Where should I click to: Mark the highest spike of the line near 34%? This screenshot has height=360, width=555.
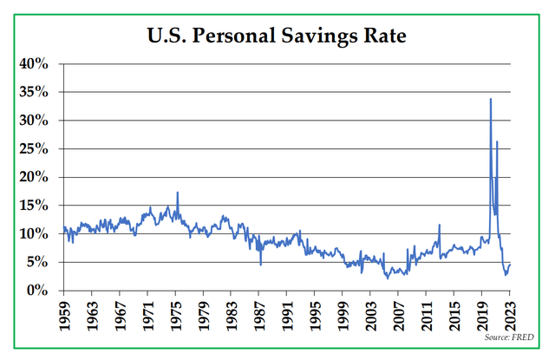pos(491,99)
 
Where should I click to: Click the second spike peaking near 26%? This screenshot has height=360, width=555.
pos(497,141)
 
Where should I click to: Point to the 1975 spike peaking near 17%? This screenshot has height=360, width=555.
pos(178,193)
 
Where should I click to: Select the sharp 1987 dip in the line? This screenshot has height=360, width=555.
pos(261,263)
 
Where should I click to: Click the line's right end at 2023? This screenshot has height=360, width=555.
pos(511,265)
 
